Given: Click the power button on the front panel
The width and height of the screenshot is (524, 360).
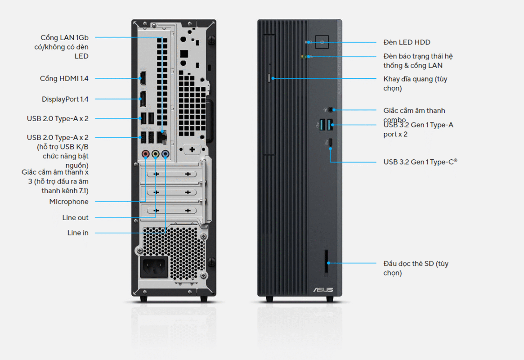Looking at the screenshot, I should point(322,42).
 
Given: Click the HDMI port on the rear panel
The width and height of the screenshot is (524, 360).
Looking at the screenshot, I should point(143,79).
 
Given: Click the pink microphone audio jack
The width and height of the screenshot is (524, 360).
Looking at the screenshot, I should point(146,154).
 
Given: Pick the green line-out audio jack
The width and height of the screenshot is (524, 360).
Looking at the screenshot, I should point(156,154).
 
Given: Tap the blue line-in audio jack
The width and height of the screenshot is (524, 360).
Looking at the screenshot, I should point(166,154).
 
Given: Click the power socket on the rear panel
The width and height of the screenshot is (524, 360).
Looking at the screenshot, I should point(154,267).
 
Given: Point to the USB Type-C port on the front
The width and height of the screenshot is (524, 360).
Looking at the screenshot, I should point(330,142).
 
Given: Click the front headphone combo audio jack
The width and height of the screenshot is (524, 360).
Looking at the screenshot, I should point(331,109).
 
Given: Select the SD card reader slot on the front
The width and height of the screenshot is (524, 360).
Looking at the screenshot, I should point(327,262).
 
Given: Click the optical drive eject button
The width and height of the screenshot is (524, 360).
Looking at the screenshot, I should point(270,79).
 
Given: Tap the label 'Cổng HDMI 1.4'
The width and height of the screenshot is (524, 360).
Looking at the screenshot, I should point(64,79).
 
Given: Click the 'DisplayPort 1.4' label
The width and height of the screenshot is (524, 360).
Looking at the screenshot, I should point(65,99).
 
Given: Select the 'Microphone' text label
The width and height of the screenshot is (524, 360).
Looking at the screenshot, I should point(69,202).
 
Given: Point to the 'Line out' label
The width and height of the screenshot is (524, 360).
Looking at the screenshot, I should point(76,218).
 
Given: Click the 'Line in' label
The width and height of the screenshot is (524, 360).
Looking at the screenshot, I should point(78,233).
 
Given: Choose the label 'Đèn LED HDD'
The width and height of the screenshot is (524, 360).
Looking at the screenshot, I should point(407,42).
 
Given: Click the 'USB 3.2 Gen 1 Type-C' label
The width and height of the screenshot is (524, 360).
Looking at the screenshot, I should point(420,162).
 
